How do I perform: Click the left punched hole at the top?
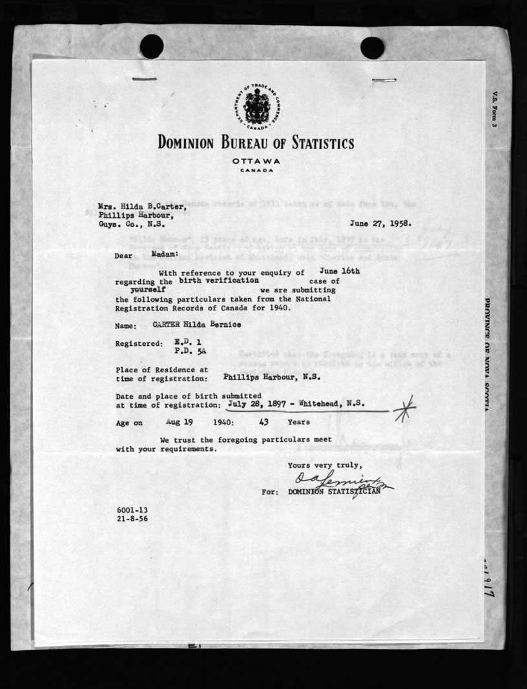pos(152,46)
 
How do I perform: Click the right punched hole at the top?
pos(372,47)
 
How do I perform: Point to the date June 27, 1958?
pos(380,225)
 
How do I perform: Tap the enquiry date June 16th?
pos(340,272)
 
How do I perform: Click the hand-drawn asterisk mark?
pos(404,408)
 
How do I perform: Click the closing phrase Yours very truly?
pos(325,466)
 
